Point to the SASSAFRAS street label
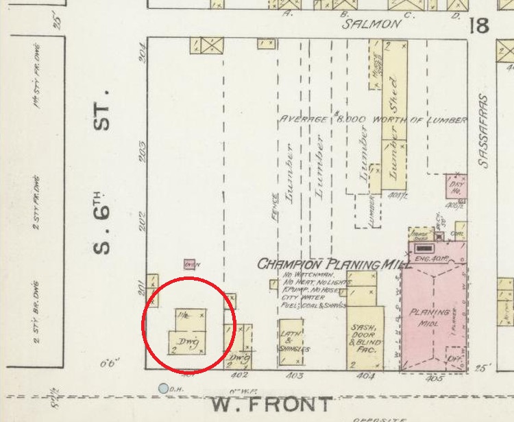point(484,130)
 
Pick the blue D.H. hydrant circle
point(163,388)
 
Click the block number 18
point(479,26)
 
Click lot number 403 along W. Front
point(294,376)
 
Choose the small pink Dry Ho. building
point(455,185)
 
